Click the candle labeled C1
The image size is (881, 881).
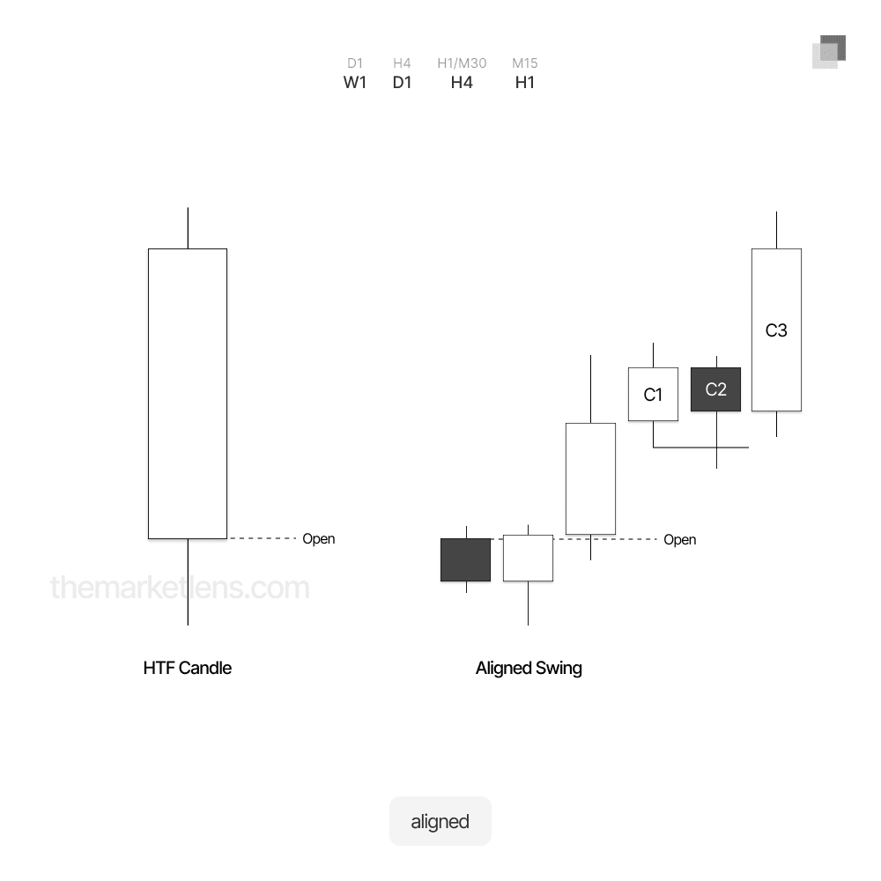point(653,394)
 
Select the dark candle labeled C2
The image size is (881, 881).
point(715,389)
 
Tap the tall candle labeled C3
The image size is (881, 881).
point(776,329)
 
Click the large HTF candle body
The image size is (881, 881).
point(188,393)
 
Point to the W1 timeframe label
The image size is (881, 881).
point(354,83)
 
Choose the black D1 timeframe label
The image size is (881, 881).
point(402,83)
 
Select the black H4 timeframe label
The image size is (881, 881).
point(462,83)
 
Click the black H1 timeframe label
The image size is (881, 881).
point(525,83)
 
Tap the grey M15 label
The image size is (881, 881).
point(525,63)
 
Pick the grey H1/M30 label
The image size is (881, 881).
point(462,63)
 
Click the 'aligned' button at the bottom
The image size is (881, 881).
point(440,821)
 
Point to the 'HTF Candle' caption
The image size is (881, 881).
point(187,668)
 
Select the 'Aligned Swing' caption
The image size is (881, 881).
point(529,668)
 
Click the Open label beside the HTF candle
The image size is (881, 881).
point(319,539)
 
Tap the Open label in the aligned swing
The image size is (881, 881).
point(680,540)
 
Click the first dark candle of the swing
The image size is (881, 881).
point(466,559)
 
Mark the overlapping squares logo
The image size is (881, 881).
point(829,52)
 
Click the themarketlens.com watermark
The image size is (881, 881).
point(180,587)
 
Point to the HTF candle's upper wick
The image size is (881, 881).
point(188,228)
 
